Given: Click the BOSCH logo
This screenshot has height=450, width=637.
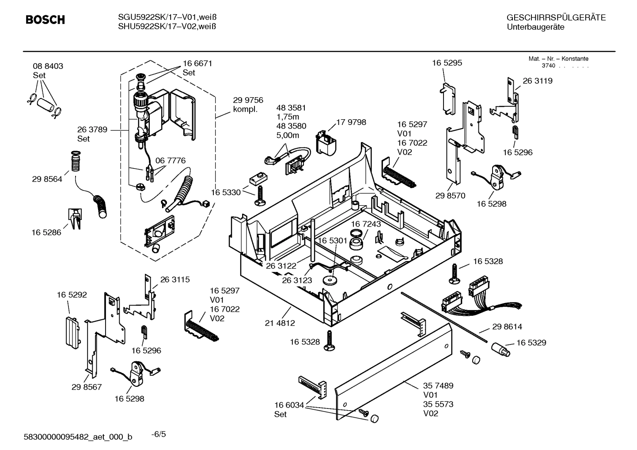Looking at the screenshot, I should click(45, 20).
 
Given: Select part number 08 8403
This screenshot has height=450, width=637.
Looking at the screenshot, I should click(48, 66).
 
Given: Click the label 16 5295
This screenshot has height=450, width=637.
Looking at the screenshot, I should click(447, 63).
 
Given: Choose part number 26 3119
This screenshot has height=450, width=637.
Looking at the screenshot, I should click(537, 81).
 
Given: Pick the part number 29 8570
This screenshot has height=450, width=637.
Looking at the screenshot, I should click(450, 196).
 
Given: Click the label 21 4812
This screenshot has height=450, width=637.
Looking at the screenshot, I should click(280, 323).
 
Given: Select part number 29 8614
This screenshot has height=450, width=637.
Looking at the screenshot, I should click(507, 327).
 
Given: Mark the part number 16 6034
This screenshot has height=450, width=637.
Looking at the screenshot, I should click(289, 405).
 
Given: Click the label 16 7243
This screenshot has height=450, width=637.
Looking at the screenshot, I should click(366, 224).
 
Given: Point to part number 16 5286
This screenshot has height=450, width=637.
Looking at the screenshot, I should click(46, 232).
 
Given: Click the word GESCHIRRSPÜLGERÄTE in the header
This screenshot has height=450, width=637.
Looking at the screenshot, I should click(556, 18).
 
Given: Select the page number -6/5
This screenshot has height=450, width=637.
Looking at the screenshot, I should click(159, 434).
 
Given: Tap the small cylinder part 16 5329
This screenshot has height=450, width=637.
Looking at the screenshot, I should click(500, 351).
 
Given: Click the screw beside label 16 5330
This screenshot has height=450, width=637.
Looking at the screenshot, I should click(259, 195).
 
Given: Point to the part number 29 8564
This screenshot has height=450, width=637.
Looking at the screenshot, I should click(47, 179).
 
